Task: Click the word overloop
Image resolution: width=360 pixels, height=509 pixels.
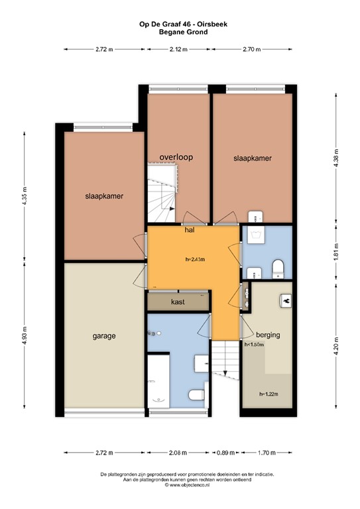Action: click(176, 157)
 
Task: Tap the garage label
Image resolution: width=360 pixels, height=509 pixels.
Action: click(103, 336)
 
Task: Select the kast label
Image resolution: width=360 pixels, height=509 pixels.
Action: click(177, 302)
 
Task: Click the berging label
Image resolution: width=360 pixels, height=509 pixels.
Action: click(267, 335)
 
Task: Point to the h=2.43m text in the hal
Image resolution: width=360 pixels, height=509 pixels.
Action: click(195, 259)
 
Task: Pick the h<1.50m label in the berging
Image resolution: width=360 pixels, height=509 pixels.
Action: click(255, 345)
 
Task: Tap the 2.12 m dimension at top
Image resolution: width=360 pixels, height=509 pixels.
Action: click(178, 49)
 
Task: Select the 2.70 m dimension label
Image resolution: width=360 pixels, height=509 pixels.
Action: click(252, 49)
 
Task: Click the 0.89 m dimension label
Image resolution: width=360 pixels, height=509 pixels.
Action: click(225, 453)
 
